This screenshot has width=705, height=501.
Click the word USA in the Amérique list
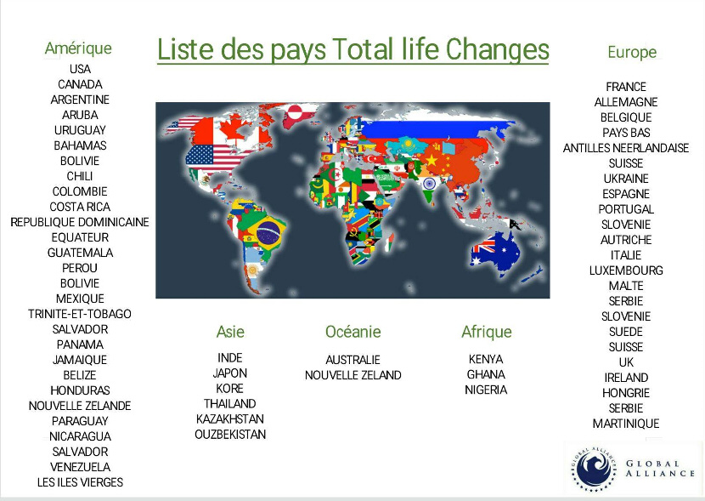80,69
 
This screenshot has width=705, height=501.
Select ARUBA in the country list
80,115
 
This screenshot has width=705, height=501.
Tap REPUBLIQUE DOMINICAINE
80,222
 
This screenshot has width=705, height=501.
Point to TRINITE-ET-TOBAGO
80,314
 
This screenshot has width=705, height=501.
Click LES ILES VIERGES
80,482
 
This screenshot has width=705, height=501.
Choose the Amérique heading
78,48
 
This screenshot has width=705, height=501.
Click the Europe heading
632,52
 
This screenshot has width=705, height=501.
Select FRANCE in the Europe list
626,87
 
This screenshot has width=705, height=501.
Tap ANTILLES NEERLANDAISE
626,148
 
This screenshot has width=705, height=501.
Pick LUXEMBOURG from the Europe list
626,270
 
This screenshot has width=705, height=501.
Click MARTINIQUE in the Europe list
626,423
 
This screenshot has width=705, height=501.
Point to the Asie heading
230,332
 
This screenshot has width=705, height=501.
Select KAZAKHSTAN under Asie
230,418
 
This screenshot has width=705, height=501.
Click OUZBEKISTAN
230,434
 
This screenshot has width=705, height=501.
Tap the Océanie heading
353,332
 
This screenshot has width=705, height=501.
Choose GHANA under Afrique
486,374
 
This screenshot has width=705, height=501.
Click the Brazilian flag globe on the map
268,232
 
